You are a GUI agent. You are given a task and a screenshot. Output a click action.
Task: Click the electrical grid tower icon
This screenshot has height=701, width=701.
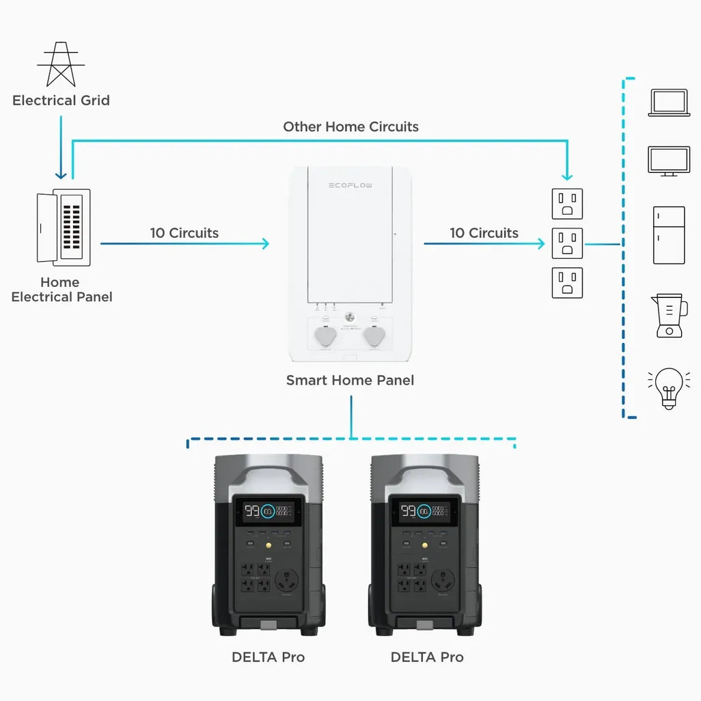tap(61, 65)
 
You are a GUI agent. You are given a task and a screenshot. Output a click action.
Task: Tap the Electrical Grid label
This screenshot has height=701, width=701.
tap(61, 100)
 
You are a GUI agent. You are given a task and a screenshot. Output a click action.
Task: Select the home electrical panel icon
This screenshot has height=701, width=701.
tap(64, 228)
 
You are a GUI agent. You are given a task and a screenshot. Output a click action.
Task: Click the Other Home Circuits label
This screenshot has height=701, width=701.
tap(350, 126)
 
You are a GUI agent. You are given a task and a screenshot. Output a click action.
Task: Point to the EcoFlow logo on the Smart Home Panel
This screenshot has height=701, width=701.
tap(350, 185)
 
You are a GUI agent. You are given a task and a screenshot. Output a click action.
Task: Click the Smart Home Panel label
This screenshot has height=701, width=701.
tap(350, 380)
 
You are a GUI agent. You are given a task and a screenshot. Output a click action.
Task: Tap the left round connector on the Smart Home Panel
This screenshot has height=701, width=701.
tap(325, 336)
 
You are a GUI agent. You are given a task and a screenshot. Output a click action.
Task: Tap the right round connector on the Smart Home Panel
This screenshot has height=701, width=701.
tap(374, 336)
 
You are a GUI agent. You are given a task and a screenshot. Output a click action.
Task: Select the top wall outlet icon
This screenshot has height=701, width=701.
tap(567, 204)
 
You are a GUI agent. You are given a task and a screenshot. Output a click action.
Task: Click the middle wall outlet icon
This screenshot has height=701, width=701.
tap(567, 243)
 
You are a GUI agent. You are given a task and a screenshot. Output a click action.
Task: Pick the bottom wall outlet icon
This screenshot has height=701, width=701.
tap(567, 283)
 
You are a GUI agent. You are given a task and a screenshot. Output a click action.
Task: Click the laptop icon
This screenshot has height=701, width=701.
tap(669, 102)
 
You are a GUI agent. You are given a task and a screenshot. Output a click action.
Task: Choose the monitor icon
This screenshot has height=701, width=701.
tap(669, 161)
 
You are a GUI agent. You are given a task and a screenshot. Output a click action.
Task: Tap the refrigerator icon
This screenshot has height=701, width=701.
tap(669, 235)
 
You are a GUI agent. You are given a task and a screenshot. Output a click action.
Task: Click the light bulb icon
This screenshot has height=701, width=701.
tap(669, 388)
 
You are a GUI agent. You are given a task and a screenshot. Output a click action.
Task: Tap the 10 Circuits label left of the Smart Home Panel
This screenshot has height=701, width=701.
tap(184, 233)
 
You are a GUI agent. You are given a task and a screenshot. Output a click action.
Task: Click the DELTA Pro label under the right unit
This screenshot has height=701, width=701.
tap(427, 657)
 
